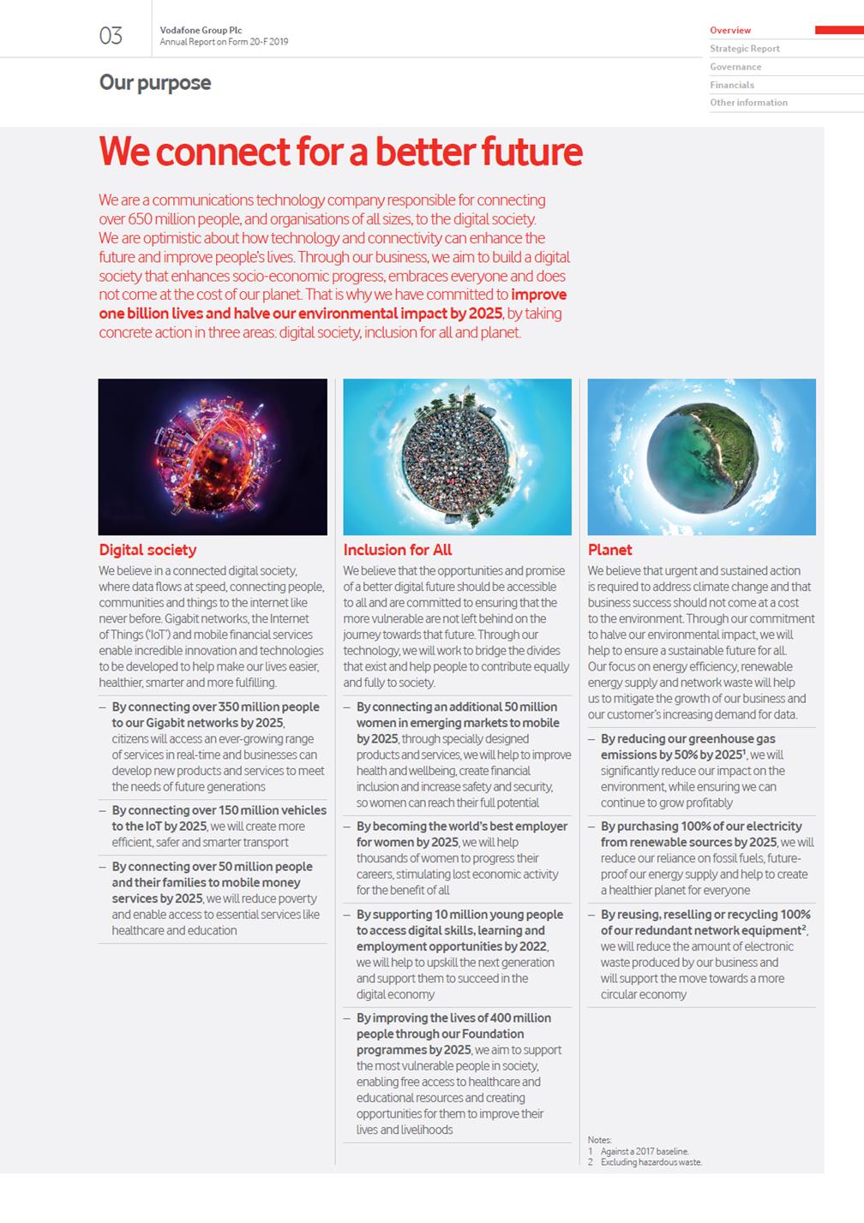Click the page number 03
tap(111, 35)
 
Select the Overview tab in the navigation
tap(730, 31)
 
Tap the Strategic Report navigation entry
tap(744, 49)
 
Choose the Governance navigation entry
tap(735, 67)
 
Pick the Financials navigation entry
tap(731, 85)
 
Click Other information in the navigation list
tap(748, 103)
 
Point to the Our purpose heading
tap(154, 83)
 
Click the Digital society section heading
tap(147, 550)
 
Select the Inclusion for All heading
tap(397, 550)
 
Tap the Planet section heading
tap(609, 550)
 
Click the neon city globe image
tap(213, 456)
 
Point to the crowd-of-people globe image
tap(457, 456)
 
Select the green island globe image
tap(701, 456)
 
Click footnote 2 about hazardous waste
tap(650, 1162)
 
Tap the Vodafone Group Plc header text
tap(201, 30)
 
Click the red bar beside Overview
tap(838, 30)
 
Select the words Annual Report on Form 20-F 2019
tap(224, 42)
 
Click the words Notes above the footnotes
tap(599, 1140)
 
